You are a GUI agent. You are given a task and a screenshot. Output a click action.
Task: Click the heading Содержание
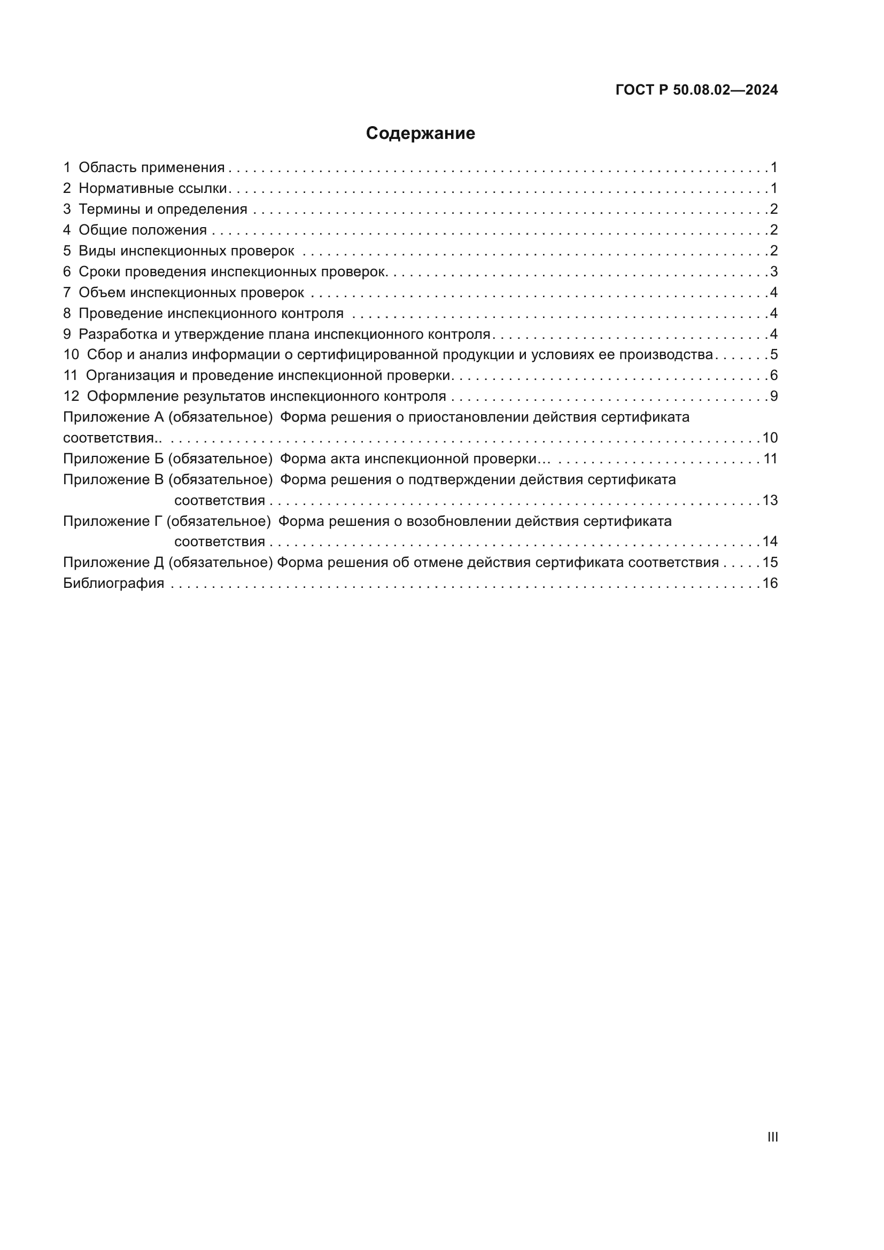420,134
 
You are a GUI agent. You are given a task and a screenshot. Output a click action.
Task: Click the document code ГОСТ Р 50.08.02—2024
696,90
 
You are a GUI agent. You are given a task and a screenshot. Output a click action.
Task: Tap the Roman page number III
772,1137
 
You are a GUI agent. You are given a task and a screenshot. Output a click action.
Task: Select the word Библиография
114,583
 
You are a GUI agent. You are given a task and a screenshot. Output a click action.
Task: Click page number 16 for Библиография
770,583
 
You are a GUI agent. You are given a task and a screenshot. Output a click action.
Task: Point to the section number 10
71,354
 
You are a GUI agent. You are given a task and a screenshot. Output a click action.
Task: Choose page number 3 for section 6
773,271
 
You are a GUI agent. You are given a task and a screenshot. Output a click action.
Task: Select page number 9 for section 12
773,397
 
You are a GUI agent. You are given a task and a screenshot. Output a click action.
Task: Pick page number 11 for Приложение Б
770,459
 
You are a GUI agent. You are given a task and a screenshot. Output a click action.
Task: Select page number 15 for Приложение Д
770,562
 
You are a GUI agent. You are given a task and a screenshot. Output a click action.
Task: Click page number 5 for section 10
773,354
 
